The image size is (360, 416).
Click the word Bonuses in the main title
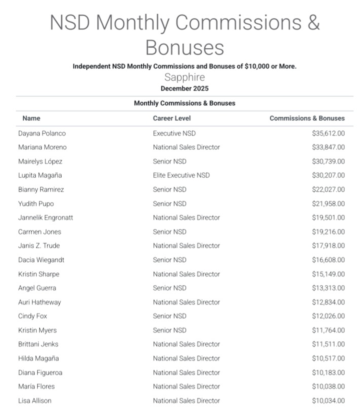pos(185,48)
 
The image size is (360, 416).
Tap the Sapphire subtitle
pos(185,77)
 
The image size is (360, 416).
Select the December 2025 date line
pos(185,89)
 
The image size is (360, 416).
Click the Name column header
pos(31,118)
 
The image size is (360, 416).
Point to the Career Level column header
pos(172,118)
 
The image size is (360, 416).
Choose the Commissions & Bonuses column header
pos(307,118)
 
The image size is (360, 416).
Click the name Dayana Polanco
pos(42,133)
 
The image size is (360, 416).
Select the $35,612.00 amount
pos(328,133)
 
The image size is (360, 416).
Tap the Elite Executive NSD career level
pos(181,175)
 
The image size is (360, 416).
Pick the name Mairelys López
pos(40,161)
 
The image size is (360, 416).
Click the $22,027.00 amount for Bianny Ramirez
pos(328,189)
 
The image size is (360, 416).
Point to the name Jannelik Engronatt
pos(45,218)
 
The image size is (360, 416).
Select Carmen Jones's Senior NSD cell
pos(170,232)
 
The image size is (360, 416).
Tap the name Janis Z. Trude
pos(39,246)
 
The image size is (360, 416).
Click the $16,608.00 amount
pos(328,260)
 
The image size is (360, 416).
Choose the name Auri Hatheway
pos(40,302)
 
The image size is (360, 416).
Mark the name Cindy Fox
pos(32,316)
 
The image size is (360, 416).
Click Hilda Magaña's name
pos(38,358)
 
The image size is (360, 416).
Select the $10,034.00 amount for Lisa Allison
pos(328,401)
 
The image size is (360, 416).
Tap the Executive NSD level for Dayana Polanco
pos(174,133)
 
